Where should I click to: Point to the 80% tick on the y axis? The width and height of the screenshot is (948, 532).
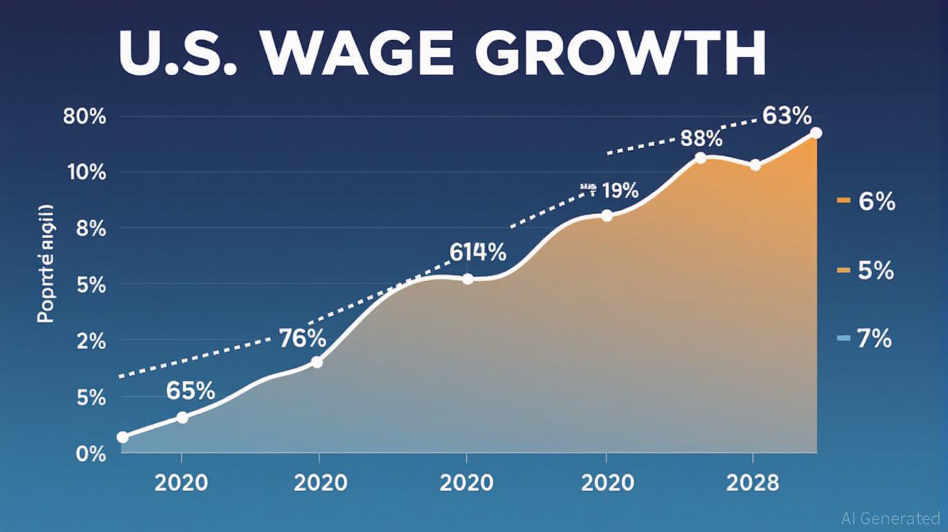[85, 116]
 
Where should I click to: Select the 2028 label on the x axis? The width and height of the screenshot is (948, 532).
[753, 482]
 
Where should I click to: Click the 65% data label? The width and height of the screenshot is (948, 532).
[191, 391]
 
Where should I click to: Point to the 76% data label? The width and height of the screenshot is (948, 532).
[302, 339]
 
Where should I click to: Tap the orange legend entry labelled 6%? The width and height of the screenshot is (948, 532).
[866, 202]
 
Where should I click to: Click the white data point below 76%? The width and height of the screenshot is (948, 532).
[317, 362]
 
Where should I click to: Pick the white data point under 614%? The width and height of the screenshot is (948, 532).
[468, 279]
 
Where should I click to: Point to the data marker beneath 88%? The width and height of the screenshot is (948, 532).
[700, 158]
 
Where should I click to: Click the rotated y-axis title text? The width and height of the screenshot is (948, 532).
[46, 264]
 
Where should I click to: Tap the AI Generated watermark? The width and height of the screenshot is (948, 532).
[890, 518]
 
